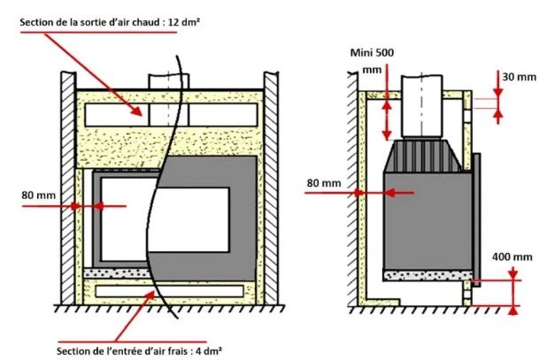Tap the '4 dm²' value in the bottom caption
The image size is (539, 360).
click(x=209, y=351)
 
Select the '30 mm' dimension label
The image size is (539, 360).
click(x=519, y=77)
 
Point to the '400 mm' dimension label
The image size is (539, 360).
click(x=512, y=257)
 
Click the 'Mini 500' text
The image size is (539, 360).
click(x=372, y=52)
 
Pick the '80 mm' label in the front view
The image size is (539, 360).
click(x=39, y=195)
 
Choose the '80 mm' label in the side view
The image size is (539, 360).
click(x=324, y=183)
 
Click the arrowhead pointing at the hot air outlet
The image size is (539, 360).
click(x=138, y=111)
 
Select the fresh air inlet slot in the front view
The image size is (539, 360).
click(x=169, y=291)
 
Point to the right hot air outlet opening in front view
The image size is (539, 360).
click(x=223, y=115)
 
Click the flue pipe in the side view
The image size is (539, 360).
click(x=422, y=106)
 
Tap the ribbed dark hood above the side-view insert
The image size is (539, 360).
click(x=423, y=156)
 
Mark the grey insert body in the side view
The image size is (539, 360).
click(x=428, y=221)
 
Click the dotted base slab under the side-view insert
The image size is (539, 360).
click(x=428, y=275)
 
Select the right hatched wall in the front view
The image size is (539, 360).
click(x=271, y=188)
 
